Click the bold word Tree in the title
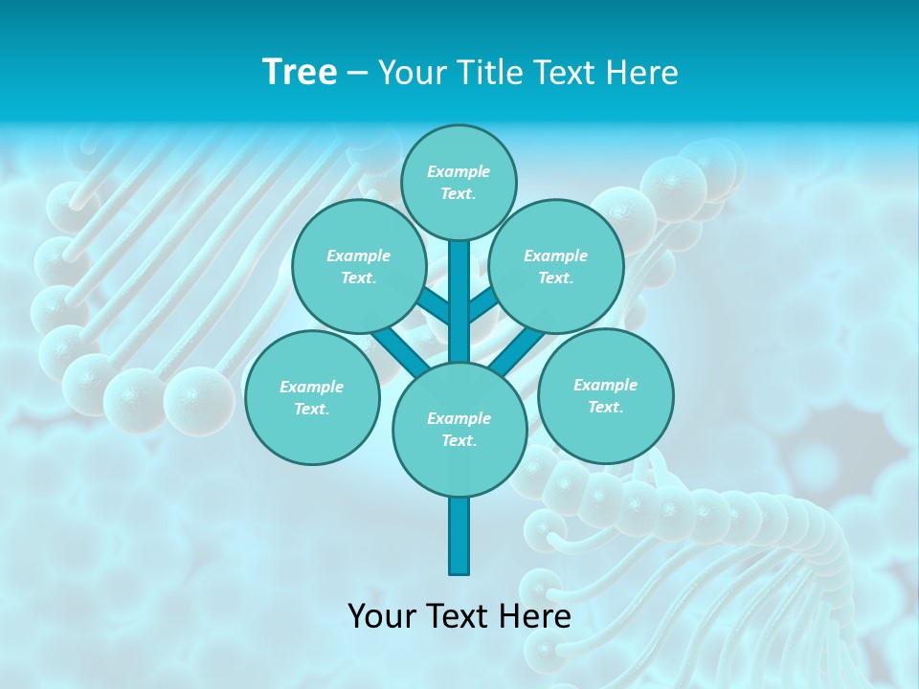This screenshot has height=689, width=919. pos(300,72)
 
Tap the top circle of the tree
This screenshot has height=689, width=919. pos(459,182)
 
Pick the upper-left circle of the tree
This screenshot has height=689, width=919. pos(358,266)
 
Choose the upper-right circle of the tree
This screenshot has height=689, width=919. pos(556,266)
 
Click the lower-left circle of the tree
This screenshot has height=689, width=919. pos(312,397)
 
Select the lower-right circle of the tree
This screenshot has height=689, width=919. pos(605,395)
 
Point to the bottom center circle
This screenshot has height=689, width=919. pos(459,429)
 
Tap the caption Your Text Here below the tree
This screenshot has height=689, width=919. pos(459,615)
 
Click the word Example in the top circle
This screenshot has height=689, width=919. pos(459,171)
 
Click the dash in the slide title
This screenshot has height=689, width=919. pos(357,73)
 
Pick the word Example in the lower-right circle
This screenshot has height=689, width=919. pos(605,385)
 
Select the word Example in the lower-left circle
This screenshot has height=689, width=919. pos(312,387)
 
